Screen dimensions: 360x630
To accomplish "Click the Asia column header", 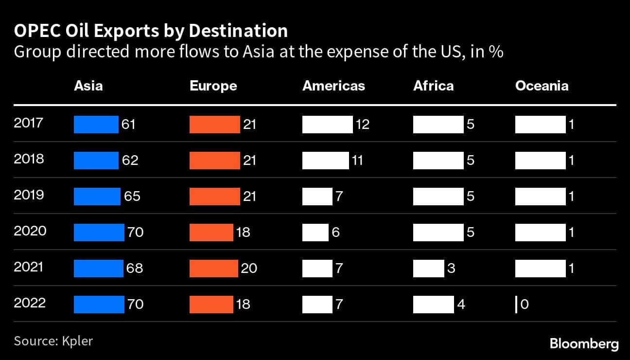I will click(x=88, y=86).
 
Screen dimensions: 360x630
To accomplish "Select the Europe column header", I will click(x=213, y=86).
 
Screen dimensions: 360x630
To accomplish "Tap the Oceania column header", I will click(x=542, y=86).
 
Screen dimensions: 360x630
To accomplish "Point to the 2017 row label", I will click(x=29, y=123).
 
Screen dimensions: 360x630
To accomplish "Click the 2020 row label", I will click(x=30, y=231).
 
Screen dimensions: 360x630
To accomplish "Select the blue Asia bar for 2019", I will click(x=97, y=196).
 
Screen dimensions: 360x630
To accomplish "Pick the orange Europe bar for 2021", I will click(x=213, y=268).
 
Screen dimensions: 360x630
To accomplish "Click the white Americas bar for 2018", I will click(x=325, y=160).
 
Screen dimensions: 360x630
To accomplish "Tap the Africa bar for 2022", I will click(x=433, y=304).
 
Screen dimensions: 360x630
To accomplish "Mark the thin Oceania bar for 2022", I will click(x=516, y=304).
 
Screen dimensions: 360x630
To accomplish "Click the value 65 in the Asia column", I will click(x=132, y=196).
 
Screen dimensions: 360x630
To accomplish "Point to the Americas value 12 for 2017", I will click(x=362, y=125).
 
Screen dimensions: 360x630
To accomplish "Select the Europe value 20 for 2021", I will click(x=249, y=268).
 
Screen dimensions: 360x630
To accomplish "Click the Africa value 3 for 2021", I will click(x=451, y=268).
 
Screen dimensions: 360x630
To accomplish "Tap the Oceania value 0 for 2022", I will click(x=524, y=305).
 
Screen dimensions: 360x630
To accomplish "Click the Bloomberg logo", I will click(x=584, y=344).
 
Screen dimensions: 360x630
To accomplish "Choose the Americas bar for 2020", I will click(x=315, y=232).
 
